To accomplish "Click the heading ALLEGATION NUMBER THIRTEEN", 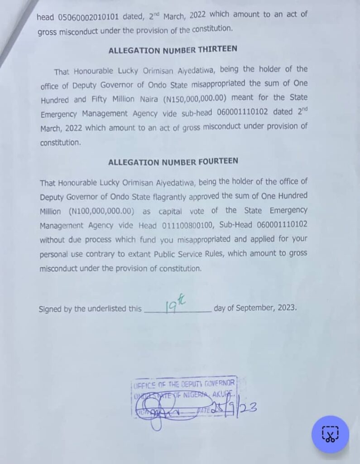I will click(x=173, y=51).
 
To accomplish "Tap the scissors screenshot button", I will click(x=330, y=434).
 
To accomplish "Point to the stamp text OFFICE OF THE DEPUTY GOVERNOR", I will click(x=183, y=385).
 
